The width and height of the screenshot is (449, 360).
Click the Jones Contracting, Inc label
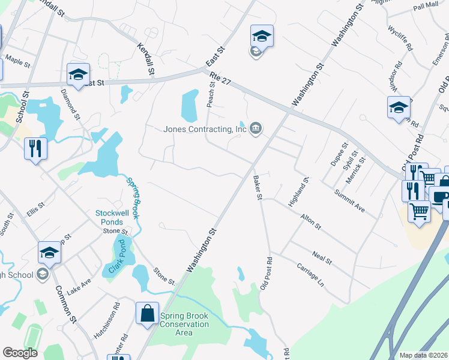[x=206, y=129]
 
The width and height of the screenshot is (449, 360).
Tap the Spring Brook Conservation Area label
[x=184, y=325]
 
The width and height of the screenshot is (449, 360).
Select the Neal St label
[x=322, y=259]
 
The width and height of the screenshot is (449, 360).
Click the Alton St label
[x=312, y=223]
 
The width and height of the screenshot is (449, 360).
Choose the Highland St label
[x=298, y=192]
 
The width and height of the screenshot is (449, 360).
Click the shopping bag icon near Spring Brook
[x=147, y=313]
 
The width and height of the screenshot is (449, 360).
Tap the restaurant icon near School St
[x=35, y=148]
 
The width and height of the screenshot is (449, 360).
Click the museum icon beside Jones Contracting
[x=256, y=128]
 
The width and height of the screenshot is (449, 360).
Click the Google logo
[x=20, y=353]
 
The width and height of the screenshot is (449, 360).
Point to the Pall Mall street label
[x=426, y=6]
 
